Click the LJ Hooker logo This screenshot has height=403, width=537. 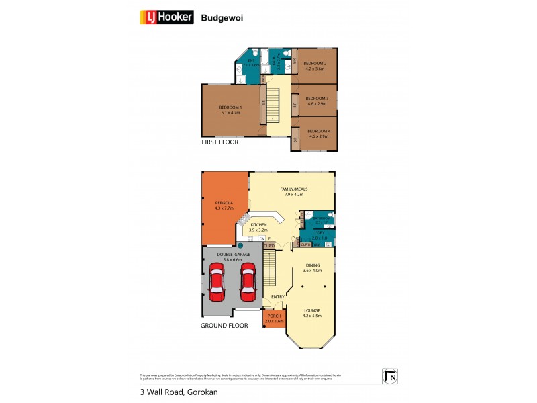tap(166, 17)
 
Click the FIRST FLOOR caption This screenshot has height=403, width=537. tap(220, 142)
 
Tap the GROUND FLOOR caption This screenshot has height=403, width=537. tap(225, 326)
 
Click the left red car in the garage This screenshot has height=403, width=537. tap(217, 283)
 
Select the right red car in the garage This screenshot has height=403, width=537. tap(248, 283)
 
